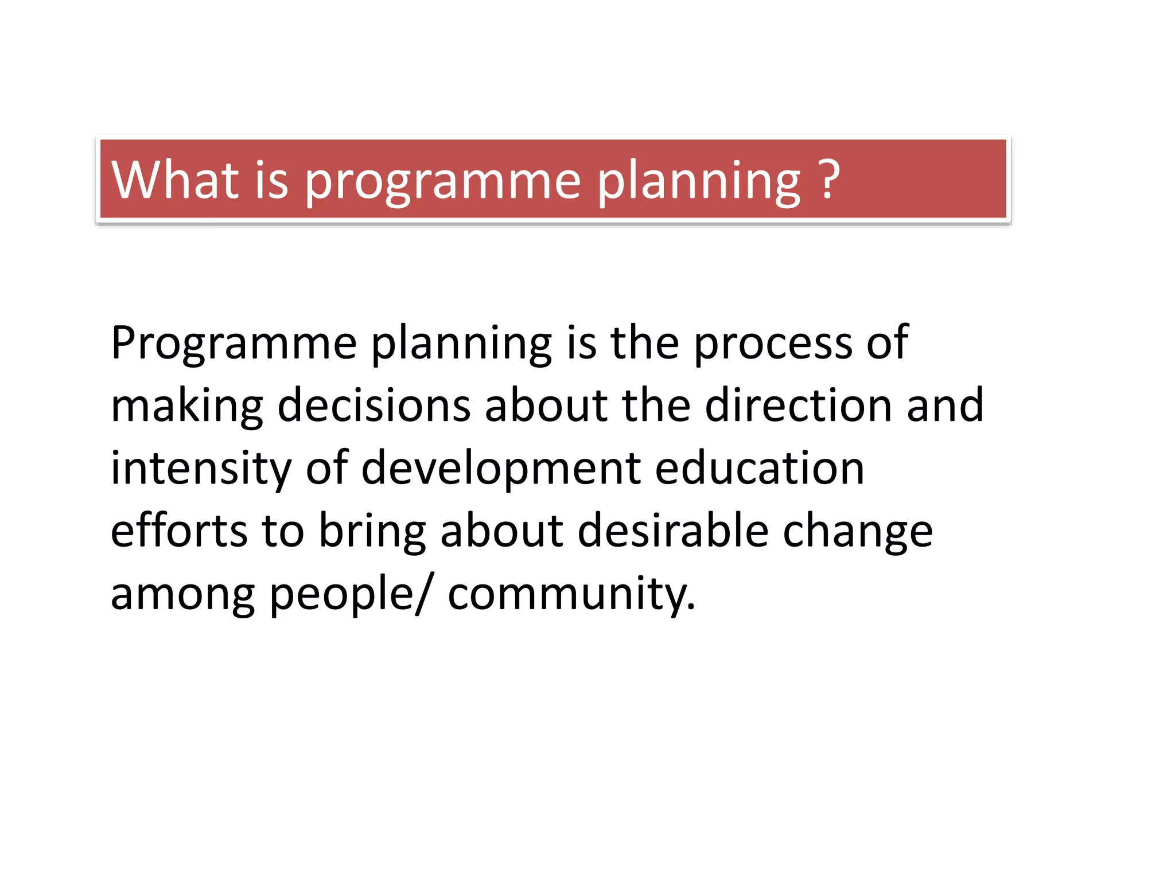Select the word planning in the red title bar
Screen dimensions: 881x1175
pos(698,182)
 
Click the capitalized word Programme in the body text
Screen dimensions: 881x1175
pos(234,344)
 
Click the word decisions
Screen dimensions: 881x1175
pos(374,406)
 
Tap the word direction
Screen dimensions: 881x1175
pos(797,406)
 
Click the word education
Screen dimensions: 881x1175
pos(759,469)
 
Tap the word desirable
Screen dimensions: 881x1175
pos(672,531)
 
